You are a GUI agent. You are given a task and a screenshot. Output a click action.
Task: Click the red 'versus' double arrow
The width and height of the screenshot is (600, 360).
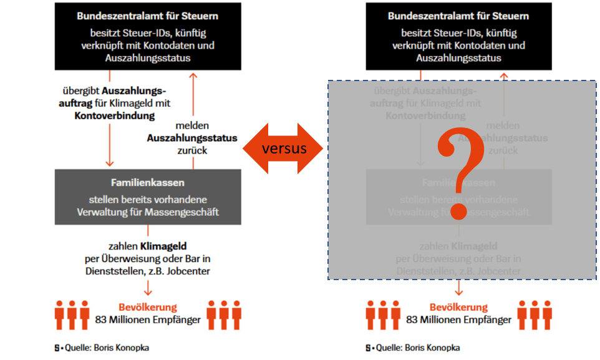pos(284,148)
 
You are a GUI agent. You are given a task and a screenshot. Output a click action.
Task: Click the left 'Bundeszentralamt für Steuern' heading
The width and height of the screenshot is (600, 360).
pos(147,16)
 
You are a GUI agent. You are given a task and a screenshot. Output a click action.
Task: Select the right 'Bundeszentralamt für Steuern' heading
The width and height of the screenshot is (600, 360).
pos(458,16)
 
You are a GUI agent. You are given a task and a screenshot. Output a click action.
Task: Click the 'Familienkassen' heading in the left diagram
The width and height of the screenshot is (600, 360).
pos(147,183)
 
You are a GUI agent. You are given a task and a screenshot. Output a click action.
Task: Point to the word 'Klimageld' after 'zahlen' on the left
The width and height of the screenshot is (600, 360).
pos(163,246)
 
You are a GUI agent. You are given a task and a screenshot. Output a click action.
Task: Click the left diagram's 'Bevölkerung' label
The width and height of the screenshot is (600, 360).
pos(148,307)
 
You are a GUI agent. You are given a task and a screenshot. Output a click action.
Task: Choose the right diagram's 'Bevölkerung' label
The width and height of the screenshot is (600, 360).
pos(458,307)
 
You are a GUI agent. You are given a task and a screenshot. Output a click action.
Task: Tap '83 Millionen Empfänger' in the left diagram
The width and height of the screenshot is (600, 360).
pos(147,319)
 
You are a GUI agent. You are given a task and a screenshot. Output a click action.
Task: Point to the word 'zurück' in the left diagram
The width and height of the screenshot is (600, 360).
pos(192,150)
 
